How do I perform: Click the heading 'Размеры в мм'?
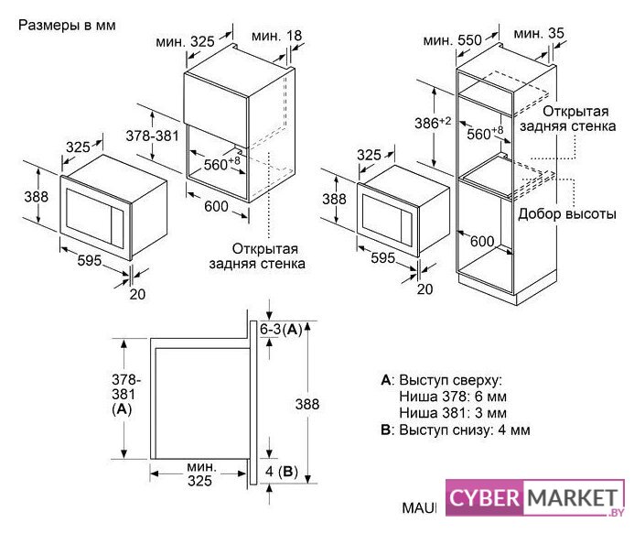[x=67, y=25]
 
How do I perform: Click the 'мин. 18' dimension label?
[x=276, y=36]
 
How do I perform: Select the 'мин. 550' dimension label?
[x=453, y=40]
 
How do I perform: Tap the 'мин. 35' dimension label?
[x=539, y=33]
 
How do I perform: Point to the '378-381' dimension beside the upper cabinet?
[x=152, y=136]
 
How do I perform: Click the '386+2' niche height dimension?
[x=433, y=122]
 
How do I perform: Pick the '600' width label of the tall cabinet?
[x=482, y=241]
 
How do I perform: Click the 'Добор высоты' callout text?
[x=567, y=213]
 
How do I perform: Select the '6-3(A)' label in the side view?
[x=281, y=330]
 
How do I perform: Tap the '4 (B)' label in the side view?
[x=282, y=471]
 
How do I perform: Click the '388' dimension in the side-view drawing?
[x=306, y=404]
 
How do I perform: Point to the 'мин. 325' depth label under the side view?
[x=200, y=473]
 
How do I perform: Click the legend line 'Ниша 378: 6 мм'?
[x=453, y=397]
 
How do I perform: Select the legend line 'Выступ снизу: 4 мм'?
[x=464, y=430]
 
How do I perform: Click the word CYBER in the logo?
[x=484, y=497]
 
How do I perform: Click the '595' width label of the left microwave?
[x=90, y=260]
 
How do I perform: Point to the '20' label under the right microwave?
[x=425, y=288]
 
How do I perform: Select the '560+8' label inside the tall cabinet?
[x=485, y=133]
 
